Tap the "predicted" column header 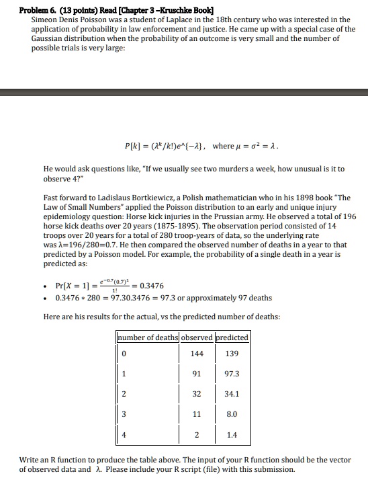click(232, 337)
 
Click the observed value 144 click(197, 353)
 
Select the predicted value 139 click(232, 353)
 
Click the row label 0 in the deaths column click(123, 353)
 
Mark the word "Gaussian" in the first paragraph click(50, 38)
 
